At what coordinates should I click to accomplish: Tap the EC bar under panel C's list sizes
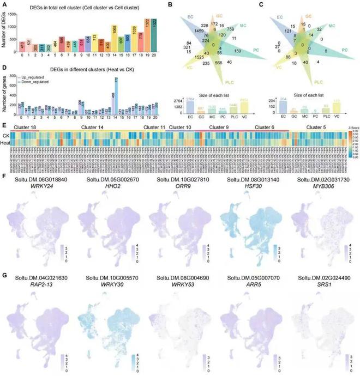point(281,108)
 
